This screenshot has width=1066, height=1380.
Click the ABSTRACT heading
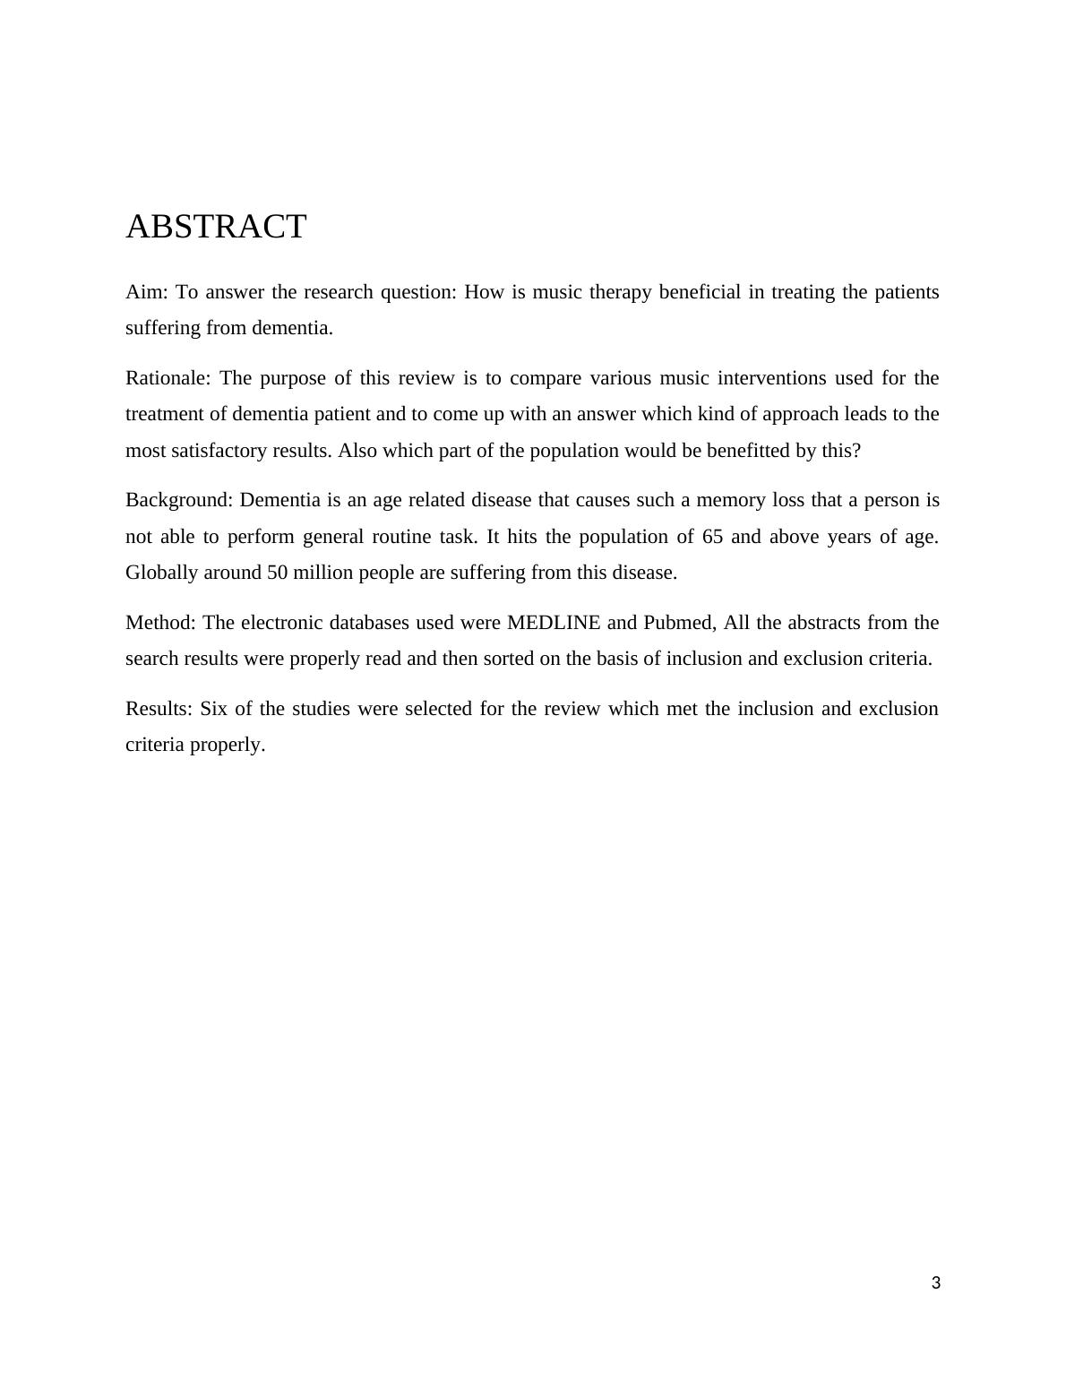point(216,227)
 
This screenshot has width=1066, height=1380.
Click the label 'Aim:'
point(146,292)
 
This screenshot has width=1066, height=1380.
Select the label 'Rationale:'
point(168,378)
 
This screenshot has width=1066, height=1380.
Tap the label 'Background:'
point(179,500)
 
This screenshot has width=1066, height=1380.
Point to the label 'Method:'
point(160,623)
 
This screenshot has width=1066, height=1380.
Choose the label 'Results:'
point(159,709)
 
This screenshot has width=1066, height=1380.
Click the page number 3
point(936,1283)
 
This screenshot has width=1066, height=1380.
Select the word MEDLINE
point(554,623)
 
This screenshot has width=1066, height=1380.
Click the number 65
point(712,537)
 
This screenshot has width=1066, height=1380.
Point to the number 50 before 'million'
point(278,573)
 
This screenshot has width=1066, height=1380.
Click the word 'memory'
point(731,500)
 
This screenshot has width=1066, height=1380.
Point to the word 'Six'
point(213,709)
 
